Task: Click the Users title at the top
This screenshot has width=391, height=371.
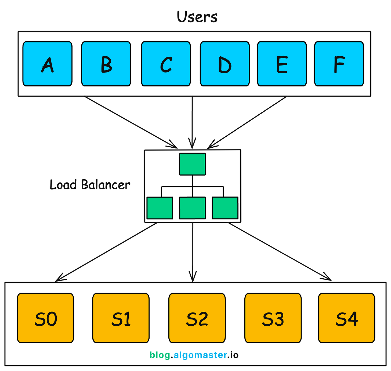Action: (x=197, y=17)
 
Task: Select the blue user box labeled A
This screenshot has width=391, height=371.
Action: (x=47, y=64)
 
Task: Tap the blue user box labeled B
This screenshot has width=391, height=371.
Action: (x=106, y=64)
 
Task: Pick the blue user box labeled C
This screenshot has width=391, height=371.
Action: (x=166, y=64)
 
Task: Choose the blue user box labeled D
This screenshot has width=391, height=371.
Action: (x=225, y=64)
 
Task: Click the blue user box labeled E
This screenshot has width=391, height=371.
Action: (x=282, y=64)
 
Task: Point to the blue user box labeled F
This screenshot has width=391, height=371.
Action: (x=339, y=64)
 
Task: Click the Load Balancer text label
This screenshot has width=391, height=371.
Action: (x=90, y=185)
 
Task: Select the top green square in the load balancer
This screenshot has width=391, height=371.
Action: (x=192, y=164)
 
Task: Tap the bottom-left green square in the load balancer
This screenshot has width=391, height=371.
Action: (x=160, y=208)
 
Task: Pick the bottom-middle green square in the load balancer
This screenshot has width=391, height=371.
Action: (x=192, y=208)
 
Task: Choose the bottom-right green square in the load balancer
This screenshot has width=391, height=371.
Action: (x=225, y=208)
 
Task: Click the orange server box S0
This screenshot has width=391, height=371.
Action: (x=45, y=318)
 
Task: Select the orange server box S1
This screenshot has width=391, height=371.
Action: (x=121, y=318)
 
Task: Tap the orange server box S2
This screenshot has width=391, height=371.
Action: (x=197, y=318)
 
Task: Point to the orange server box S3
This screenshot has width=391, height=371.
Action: (x=273, y=318)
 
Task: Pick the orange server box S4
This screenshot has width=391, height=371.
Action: (x=346, y=318)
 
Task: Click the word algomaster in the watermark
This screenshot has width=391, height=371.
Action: (x=200, y=355)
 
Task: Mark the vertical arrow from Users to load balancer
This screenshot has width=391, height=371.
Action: (x=192, y=121)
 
